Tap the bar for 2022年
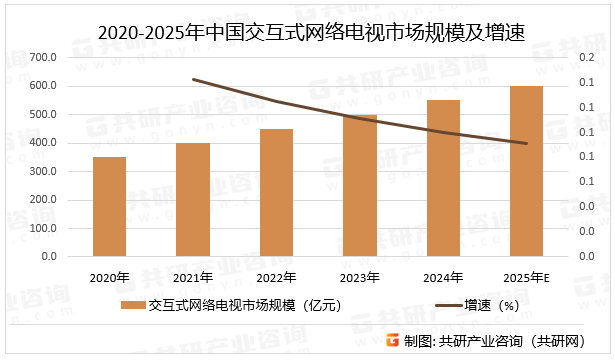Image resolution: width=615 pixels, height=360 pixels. pos(277,193)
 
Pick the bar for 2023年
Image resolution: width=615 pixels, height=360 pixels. pos(360,186)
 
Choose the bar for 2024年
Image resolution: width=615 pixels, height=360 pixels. pos(444,178)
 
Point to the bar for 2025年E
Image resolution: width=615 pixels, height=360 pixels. pos(527,171)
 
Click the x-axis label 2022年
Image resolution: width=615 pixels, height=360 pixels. pos(277,277)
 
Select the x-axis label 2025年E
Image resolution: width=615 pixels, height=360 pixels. pos(527,277)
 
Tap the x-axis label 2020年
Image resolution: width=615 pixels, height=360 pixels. pos(110,277)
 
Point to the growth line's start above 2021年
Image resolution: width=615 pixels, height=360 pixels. pos(193,79)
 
